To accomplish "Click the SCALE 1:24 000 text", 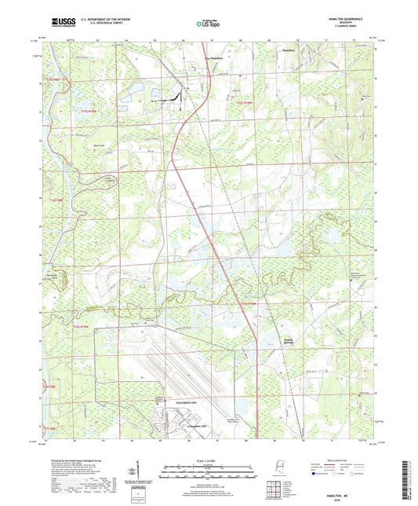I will (x=209, y=460).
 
